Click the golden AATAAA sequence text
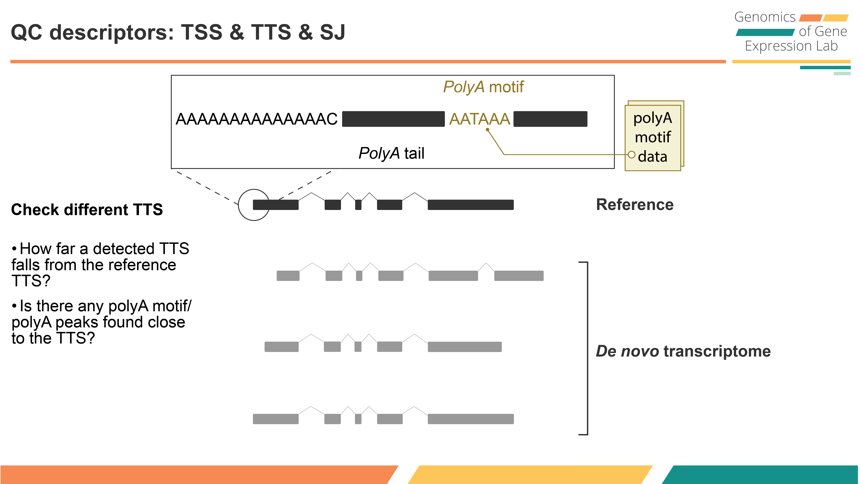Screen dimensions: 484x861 click(479, 119)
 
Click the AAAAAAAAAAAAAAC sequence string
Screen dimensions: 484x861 click(256, 119)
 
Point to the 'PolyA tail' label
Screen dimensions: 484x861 click(391, 153)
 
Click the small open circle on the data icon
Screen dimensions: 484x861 click(631, 155)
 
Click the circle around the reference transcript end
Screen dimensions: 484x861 click(254, 205)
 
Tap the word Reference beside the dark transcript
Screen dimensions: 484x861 click(635, 205)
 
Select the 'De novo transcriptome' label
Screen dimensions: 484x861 click(683, 351)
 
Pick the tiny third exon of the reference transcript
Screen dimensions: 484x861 click(358, 205)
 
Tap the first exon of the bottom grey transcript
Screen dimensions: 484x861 click(275, 419)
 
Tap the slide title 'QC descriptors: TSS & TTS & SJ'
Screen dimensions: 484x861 click(178, 32)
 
